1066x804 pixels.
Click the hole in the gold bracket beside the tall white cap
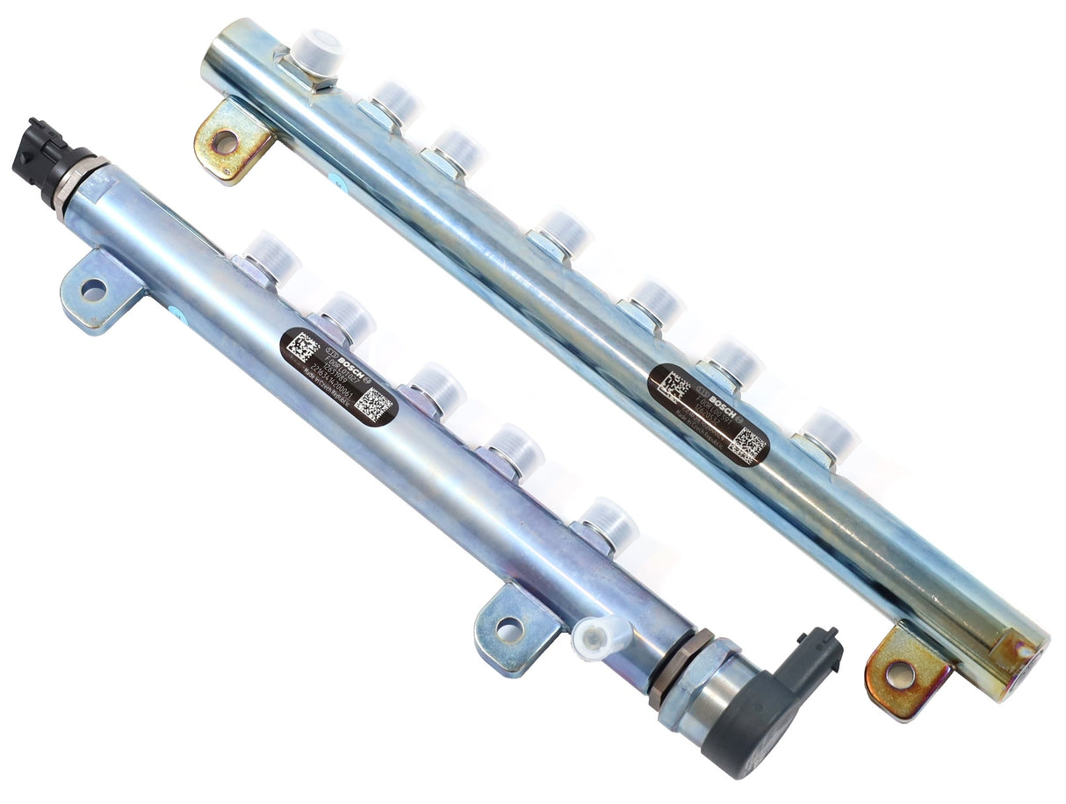(x=225, y=140)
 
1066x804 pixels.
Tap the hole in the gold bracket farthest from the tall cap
(x=899, y=674)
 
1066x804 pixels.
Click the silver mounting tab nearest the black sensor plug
(x=95, y=290)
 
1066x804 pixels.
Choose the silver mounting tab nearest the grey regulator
(x=510, y=628)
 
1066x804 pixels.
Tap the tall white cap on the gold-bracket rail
(x=316, y=50)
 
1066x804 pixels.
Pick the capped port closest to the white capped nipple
(x=606, y=525)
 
